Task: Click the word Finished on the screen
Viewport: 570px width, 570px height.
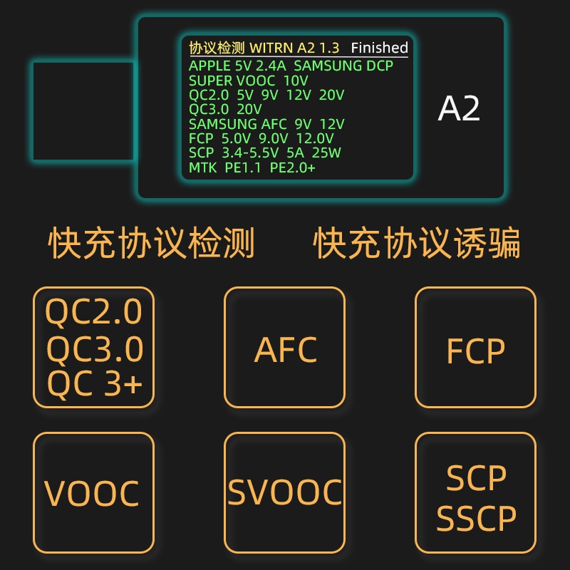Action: [x=379, y=48]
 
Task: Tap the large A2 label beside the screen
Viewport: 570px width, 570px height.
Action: [x=459, y=109]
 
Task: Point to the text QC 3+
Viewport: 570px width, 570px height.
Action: [x=95, y=385]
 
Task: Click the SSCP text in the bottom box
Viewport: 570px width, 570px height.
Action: [x=476, y=519]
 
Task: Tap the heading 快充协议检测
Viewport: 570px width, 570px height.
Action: [x=151, y=244]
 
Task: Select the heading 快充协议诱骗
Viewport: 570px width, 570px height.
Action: [x=417, y=244]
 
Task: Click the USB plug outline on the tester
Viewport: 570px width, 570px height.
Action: [x=83, y=110]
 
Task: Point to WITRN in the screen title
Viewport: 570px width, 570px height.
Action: [x=269, y=48]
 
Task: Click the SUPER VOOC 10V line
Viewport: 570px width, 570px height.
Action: [x=248, y=81]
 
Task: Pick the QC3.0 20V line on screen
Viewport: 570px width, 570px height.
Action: [x=225, y=109]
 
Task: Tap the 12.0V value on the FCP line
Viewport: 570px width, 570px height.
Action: [x=315, y=138]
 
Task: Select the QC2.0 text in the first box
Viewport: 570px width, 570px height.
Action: [x=94, y=312]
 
